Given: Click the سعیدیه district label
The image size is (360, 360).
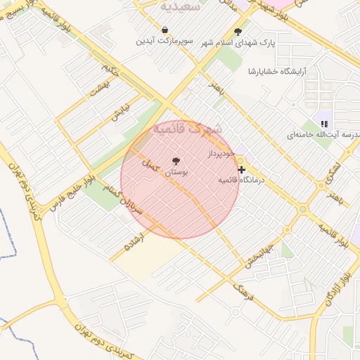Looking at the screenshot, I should point(181,6).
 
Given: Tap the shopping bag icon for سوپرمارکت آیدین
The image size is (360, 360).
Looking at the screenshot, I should point(165,30).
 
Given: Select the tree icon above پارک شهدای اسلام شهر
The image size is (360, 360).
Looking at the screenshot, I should point(238,32).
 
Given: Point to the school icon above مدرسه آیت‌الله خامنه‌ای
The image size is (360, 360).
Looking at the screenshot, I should point(323,124).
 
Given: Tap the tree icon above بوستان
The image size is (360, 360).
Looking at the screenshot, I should point(176,161).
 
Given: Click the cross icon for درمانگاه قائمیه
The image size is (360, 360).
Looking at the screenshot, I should point(242,169).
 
